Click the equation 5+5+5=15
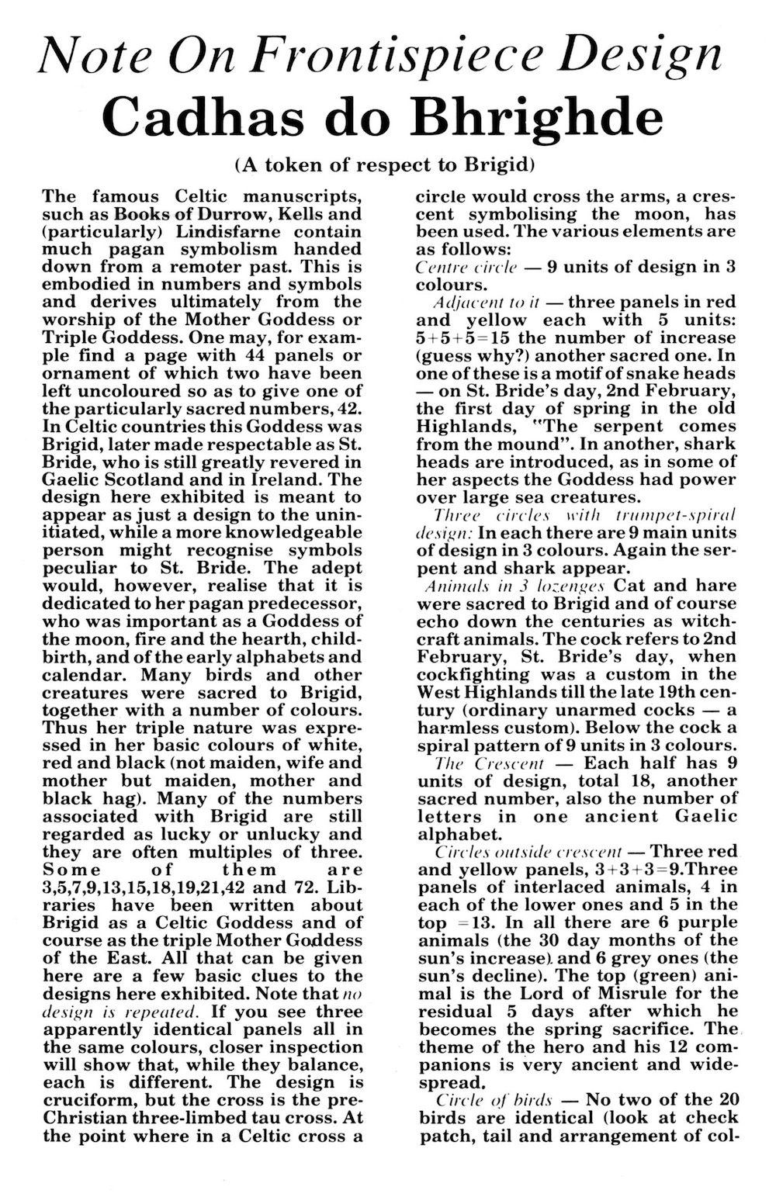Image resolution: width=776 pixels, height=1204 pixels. pyautogui.click(x=466, y=337)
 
